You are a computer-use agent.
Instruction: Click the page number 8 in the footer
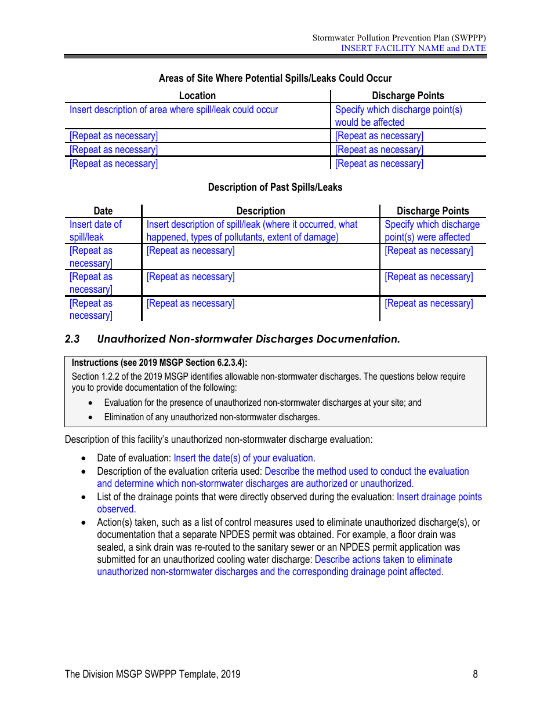pos(475,674)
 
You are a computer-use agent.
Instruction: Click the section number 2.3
pos(72,339)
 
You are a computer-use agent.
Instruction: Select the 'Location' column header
pos(197,96)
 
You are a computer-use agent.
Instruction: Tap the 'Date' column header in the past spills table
pos(103,211)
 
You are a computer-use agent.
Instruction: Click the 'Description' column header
pos(260,211)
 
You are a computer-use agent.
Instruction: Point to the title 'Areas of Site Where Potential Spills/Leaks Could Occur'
pos(275,78)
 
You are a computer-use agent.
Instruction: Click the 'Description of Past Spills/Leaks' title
pos(275,187)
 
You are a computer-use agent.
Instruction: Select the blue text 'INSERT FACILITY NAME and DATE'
pos(413,48)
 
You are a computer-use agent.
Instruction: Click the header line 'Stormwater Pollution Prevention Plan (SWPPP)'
pos(399,38)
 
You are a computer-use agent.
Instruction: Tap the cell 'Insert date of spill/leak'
pos(96,231)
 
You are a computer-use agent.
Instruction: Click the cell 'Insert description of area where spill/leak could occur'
pos(173,110)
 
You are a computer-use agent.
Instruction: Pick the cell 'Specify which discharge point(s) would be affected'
pos(398,116)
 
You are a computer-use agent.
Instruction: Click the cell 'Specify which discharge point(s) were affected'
pos(432,231)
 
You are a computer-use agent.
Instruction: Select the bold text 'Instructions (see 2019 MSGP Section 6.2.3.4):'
pos(159,363)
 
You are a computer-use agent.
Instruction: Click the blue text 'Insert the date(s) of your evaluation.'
pos(244,458)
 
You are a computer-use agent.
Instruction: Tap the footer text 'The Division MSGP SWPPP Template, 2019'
pos(153,674)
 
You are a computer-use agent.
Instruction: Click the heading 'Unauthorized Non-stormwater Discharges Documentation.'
pos(248,339)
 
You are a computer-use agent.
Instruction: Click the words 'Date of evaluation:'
pos(134,458)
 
